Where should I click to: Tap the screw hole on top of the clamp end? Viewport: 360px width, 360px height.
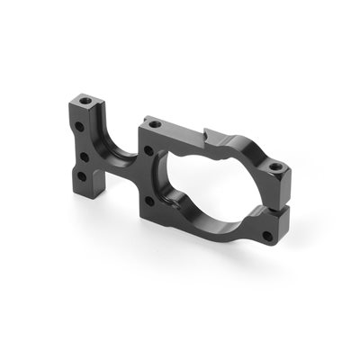pos(273,166)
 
